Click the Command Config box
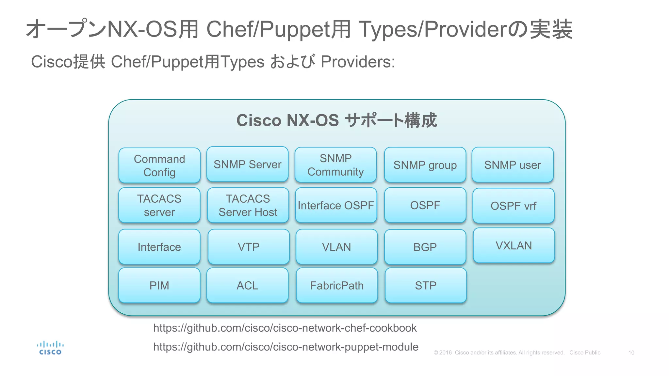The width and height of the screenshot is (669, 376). click(159, 165)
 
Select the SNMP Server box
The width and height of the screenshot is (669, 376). click(247, 164)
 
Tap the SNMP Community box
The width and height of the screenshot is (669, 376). click(335, 165)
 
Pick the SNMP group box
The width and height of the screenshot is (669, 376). click(425, 165)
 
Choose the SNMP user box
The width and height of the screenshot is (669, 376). click(513, 165)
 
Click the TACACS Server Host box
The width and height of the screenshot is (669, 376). click(248, 205)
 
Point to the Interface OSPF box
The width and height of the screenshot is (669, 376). click(336, 205)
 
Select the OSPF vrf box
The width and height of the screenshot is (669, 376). click(514, 206)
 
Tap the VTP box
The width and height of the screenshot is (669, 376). click(249, 247)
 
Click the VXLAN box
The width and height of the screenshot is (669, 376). click(514, 245)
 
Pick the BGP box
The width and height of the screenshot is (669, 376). click(425, 247)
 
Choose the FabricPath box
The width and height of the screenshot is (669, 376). click(337, 286)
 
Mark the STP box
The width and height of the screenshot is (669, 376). click(426, 286)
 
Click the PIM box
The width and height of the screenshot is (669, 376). click(159, 286)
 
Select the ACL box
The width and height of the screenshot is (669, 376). click(247, 286)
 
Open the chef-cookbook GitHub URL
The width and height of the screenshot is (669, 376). click(285, 328)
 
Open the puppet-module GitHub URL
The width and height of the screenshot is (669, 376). click(286, 347)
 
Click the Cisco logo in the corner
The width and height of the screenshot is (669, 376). click(50, 348)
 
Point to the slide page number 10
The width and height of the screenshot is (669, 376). click(631, 353)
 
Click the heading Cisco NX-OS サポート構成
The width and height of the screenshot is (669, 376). click(336, 120)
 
